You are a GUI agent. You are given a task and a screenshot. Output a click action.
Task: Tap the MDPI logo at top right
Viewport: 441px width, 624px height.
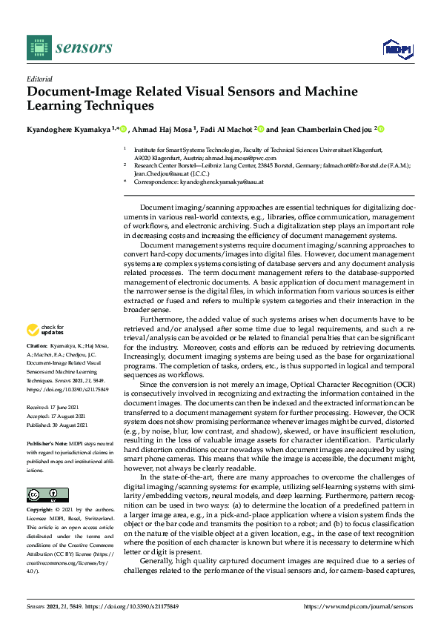(x=397, y=50)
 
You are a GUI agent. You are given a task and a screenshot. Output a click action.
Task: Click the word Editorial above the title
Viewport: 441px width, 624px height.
(x=39, y=78)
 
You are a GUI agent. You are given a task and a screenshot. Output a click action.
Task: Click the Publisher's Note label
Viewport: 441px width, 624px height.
(x=45, y=442)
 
